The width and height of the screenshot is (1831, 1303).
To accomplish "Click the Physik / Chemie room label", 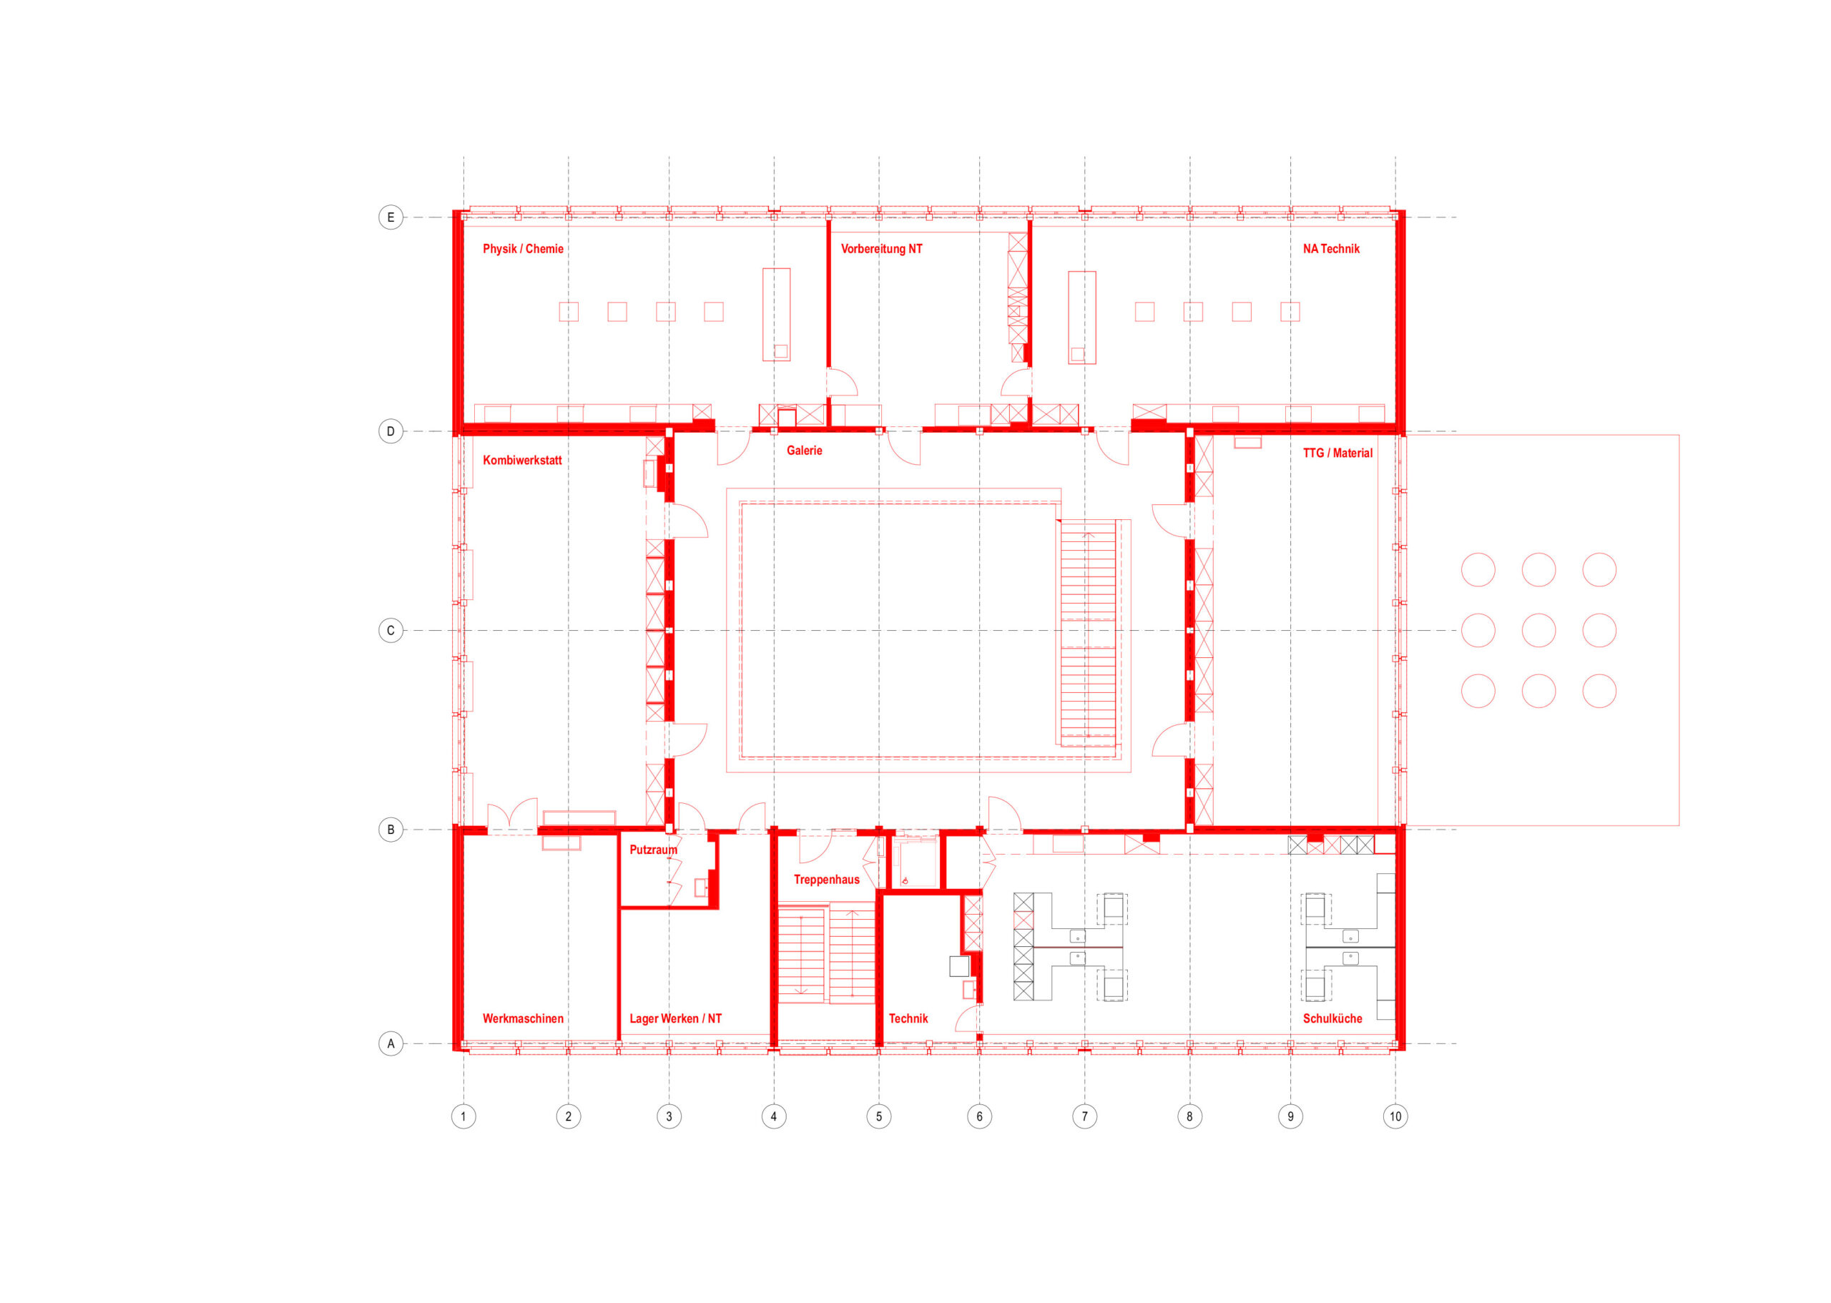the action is [522, 249].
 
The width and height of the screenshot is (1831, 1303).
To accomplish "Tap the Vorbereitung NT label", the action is [881, 249].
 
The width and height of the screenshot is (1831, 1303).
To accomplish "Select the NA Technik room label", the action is [1330, 249].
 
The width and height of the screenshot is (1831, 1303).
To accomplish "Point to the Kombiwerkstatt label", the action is [521, 460].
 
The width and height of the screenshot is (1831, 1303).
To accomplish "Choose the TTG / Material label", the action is [1337, 453].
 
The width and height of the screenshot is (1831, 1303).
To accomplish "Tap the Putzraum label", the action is [653, 850].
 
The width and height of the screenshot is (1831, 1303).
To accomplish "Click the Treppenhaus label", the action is [826, 880].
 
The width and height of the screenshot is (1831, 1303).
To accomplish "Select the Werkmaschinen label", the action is [522, 1018].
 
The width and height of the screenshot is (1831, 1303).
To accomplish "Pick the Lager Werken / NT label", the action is [674, 1018].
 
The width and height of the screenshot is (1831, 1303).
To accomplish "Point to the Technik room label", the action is [908, 1018].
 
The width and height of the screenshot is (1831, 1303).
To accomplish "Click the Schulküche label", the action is [1332, 1018].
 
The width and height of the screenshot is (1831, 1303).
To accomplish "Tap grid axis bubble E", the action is [391, 217].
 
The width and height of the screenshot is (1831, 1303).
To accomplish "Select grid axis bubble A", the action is [391, 1044].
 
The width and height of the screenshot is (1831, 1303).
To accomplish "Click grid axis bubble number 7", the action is [1084, 1116].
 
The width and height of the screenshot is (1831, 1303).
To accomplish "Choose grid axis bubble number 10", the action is [1395, 1116].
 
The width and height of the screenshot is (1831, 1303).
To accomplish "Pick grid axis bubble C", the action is [391, 631].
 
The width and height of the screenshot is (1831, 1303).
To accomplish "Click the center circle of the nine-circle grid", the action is [1538, 631].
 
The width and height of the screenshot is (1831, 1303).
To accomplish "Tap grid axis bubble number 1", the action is [463, 1116].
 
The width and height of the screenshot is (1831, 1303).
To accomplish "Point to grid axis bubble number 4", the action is [773, 1116].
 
